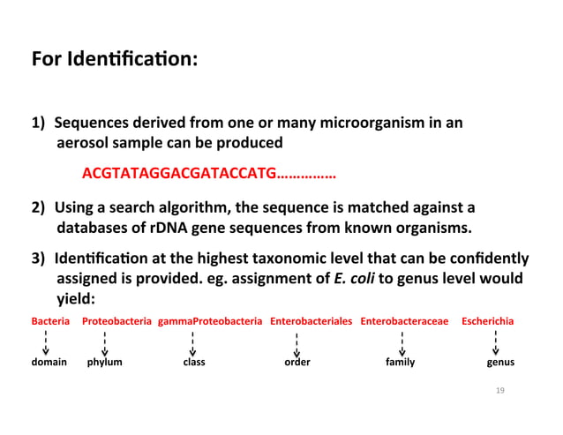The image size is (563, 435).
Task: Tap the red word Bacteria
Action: click(x=49, y=323)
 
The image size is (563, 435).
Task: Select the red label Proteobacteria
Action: click(x=116, y=323)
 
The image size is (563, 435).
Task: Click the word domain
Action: click(x=49, y=363)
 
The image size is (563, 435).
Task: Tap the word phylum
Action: click(x=105, y=363)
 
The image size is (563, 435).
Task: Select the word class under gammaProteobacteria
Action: click(x=194, y=363)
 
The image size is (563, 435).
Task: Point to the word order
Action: click(x=297, y=363)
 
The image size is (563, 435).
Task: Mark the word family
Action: click(x=401, y=363)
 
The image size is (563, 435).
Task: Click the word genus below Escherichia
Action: click(x=500, y=363)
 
